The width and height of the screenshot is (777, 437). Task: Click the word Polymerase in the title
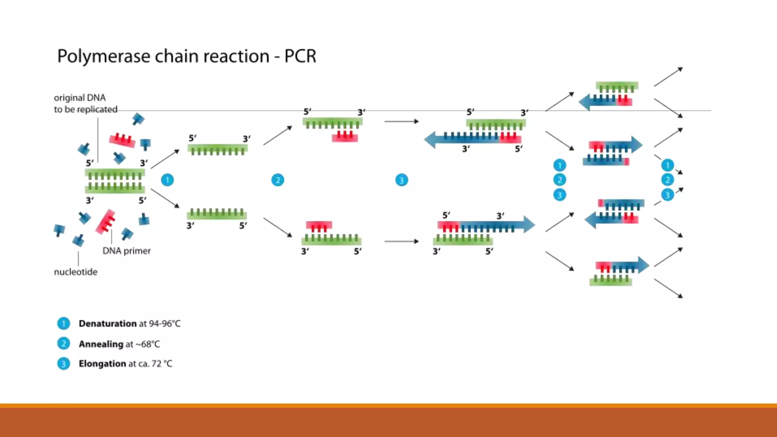tap(104, 57)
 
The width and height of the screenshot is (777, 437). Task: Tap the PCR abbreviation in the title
tap(300, 56)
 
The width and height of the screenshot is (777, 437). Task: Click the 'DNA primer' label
tap(126, 251)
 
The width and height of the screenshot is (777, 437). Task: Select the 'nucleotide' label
tap(75, 272)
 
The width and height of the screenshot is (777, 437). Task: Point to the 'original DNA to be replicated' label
tap(85, 104)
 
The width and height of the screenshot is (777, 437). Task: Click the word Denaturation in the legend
tap(107, 324)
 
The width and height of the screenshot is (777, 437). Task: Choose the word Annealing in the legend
tap(101, 344)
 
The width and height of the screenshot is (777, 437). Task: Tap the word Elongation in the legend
tap(102, 364)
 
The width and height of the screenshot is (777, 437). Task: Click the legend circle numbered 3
tap(63, 364)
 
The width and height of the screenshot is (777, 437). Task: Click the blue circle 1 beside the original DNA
tap(167, 180)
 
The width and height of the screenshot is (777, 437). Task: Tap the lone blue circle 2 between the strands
tap(278, 180)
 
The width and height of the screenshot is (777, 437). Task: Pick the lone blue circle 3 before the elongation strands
tap(401, 180)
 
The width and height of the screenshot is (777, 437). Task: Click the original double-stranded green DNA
tap(115, 181)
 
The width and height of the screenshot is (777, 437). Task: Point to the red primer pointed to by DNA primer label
tap(105, 222)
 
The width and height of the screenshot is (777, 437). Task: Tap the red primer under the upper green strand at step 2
tap(345, 137)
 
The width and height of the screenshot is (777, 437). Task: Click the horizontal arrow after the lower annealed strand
tap(401, 241)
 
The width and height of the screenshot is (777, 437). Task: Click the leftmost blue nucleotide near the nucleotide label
tap(59, 230)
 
